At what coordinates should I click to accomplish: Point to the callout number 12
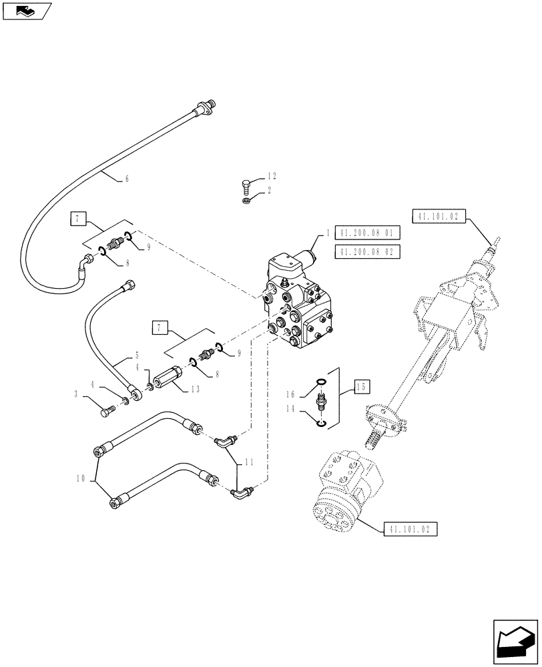click(272, 176)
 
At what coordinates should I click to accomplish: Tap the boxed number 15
click(361, 386)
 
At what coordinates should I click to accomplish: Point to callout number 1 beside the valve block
click(328, 233)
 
